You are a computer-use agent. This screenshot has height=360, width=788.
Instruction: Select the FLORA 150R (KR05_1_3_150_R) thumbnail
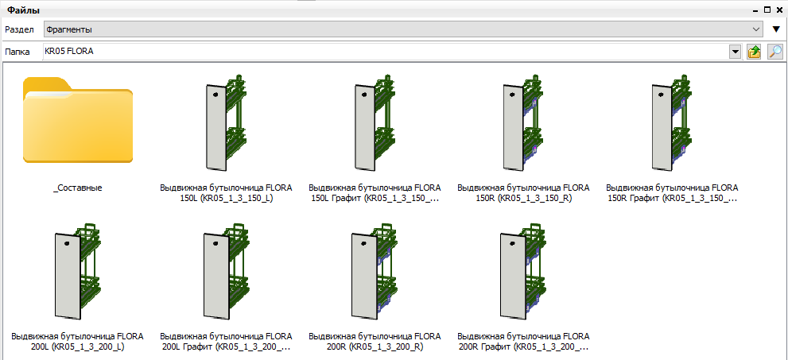click(524, 122)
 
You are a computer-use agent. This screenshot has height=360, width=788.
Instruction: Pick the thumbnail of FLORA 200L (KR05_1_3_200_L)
click(78, 272)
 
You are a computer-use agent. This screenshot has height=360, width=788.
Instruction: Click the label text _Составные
click(78, 188)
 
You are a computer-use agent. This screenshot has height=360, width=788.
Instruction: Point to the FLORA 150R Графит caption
click(673, 193)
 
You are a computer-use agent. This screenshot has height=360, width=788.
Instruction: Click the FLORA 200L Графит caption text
click(226, 342)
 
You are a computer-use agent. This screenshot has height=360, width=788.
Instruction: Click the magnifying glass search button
click(775, 52)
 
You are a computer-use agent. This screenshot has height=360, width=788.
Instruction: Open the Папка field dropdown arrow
click(736, 52)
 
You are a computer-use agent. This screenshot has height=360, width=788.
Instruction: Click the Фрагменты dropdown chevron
click(756, 29)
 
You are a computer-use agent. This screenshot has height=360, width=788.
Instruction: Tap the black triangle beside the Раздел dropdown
click(776, 29)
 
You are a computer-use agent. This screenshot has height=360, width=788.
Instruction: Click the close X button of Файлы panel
click(782, 10)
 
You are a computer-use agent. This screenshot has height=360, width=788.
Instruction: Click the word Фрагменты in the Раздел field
click(69, 29)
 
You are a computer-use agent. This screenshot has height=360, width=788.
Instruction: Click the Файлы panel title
click(23, 10)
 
